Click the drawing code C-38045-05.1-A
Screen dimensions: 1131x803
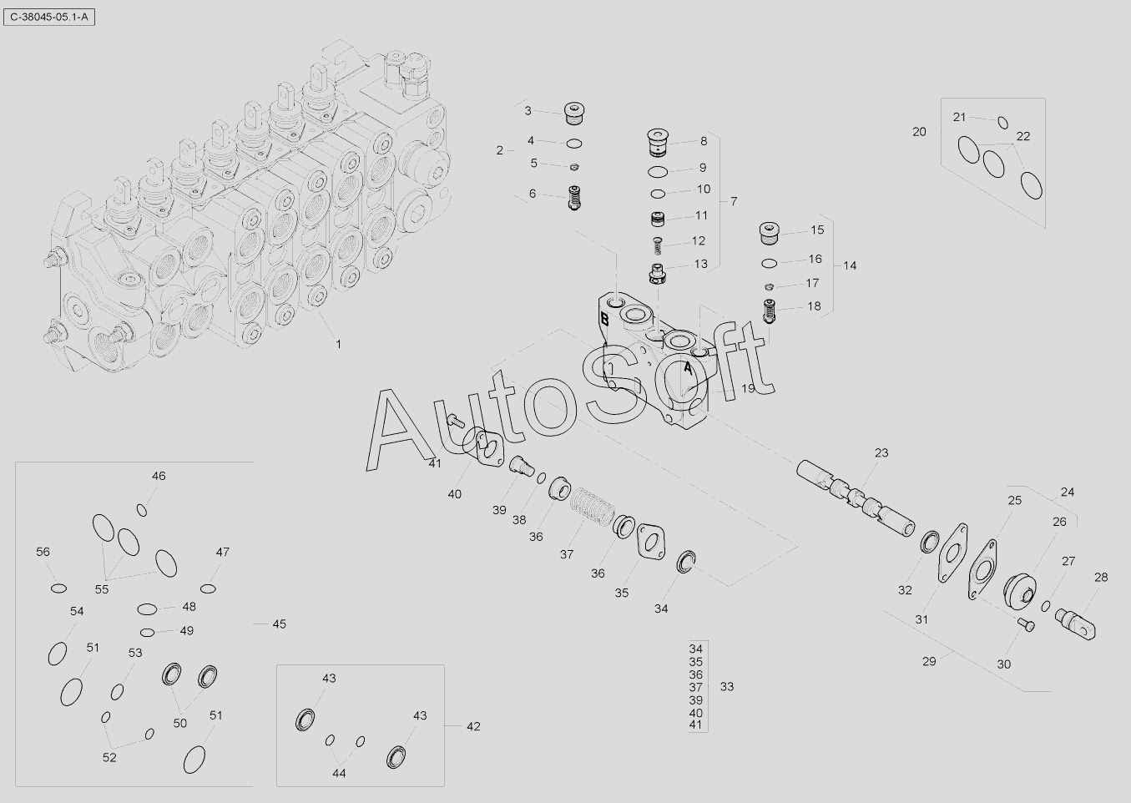[x=48, y=16]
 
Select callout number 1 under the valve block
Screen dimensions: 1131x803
[x=338, y=344]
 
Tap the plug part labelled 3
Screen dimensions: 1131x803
[x=574, y=110]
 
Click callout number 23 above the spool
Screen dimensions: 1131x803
[x=881, y=453]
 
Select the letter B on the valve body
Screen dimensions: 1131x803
[x=603, y=317]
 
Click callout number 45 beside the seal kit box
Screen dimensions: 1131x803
[x=279, y=624]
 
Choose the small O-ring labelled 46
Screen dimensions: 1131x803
[x=142, y=509]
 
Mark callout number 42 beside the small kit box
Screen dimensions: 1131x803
[x=473, y=726]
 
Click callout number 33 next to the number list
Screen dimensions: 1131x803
[x=727, y=687]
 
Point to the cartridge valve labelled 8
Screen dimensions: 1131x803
[x=660, y=141]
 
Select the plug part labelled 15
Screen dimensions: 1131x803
[x=770, y=232]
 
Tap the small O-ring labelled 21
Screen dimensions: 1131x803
[x=1003, y=123]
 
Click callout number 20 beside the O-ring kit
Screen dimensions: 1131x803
[x=919, y=132]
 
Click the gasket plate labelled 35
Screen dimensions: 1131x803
[x=650, y=541]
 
